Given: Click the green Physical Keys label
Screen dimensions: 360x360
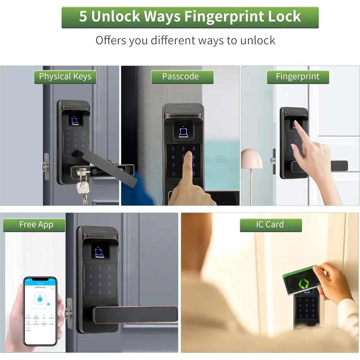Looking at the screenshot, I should pyautogui.click(x=65, y=77).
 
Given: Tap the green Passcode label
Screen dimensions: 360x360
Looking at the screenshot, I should pyautogui.click(x=180, y=77).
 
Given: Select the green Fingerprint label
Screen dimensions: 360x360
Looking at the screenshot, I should pyautogui.click(x=297, y=77).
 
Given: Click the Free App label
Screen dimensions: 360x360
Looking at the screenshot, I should pyautogui.click(x=36, y=225).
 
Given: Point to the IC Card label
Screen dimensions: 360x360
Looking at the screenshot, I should pyautogui.click(x=270, y=225).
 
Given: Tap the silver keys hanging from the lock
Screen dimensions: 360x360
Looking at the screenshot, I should pyautogui.click(x=83, y=185).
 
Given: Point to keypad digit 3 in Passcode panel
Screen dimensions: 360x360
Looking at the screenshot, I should pyautogui.click(x=193, y=149).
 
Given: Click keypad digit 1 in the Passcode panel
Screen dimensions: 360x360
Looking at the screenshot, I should pyautogui.click(x=173, y=149).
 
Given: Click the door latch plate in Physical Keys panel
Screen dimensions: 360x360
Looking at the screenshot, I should pyautogui.click(x=46, y=166).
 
